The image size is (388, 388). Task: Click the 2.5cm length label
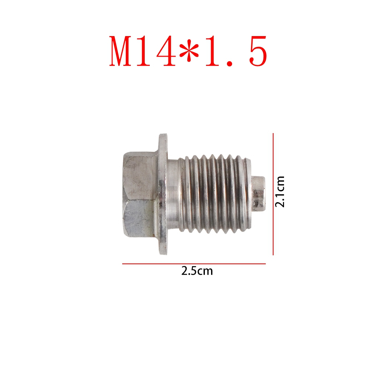click(x=197, y=271)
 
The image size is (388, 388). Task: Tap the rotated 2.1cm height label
click(x=280, y=192)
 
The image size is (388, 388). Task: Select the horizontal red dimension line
click(x=194, y=264)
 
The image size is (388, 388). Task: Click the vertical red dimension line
click(x=274, y=194)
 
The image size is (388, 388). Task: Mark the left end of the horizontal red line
click(x=123, y=264)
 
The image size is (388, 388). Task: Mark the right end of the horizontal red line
click(x=265, y=264)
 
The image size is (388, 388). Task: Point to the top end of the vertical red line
click(x=274, y=134)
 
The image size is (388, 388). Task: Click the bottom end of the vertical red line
click(x=274, y=255)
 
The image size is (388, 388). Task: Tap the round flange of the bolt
click(x=163, y=194)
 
